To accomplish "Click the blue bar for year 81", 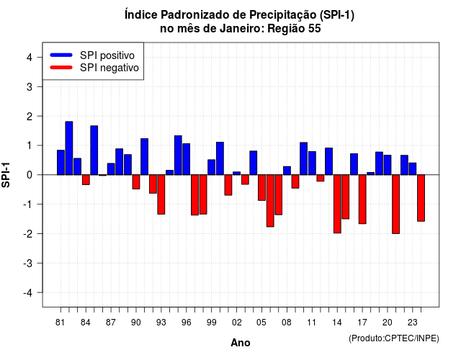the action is point(61,163).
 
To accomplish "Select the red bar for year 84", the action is point(86,179).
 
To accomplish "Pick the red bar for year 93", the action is point(161,194).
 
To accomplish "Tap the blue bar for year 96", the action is point(186,159).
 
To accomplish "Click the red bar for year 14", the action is point(337,204).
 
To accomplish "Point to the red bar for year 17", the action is point(362,199).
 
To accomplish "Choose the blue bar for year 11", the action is point(312,163).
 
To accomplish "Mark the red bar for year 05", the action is point(261,187).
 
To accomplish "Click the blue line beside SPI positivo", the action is point(61,55).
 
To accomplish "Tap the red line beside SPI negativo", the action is point(61,67).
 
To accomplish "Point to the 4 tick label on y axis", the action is point(30,58).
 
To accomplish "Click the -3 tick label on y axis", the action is point(28,263).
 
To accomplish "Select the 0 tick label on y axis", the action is point(30,175).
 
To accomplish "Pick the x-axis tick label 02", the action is point(237,323).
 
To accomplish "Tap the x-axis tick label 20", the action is point(388,323).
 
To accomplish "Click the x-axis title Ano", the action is point(241,343).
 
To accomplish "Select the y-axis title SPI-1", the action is point(6,175).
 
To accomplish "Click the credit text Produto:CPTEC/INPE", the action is point(394,338).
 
